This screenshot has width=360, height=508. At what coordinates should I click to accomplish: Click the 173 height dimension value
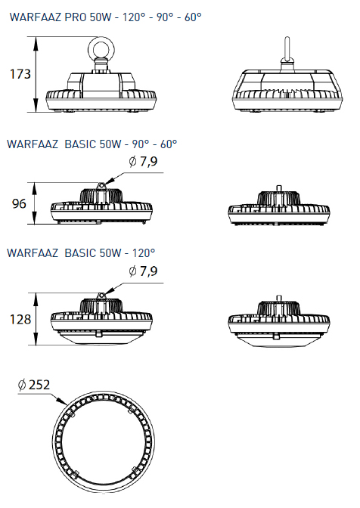pyautogui.click(x=20, y=74)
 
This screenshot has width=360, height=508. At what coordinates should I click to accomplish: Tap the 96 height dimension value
pyautogui.click(x=19, y=204)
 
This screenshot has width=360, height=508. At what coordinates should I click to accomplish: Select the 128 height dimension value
pyautogui.click(x=20, y=320)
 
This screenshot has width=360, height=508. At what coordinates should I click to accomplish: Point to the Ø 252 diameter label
pyautogui.click(x=34, y=385)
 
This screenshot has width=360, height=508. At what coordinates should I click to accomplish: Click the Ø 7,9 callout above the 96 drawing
pyautogui.click(x=143, y=161)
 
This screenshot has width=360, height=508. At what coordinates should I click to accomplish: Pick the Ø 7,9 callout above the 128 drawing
pyautogui.click(x=143, y=271)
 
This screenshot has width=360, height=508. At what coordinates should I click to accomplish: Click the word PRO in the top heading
pyautogui.click(x=75, y=17)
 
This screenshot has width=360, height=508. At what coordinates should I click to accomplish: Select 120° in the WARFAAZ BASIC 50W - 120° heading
pyautogui.click(x=144, y=252)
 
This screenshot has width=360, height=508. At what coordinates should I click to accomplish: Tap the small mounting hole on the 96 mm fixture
pyautogui.click(x=101, y=185)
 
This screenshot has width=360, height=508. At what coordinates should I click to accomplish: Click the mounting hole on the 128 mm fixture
pyautogui.click(x=101, y=296)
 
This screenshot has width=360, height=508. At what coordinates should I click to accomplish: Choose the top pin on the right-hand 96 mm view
pyautogui.click(x=278, y=188)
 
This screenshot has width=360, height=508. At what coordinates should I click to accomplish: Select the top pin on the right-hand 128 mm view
pyautogui.click(x=278, y=299)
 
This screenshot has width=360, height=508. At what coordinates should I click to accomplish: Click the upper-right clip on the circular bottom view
pyautogui.click(x=130, y=410)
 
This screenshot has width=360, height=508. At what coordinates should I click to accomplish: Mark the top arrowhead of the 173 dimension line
pyautogui.click(x=36, y=43)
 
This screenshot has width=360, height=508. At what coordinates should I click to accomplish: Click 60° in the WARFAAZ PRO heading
pyautogui.click(x=193, y=17)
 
